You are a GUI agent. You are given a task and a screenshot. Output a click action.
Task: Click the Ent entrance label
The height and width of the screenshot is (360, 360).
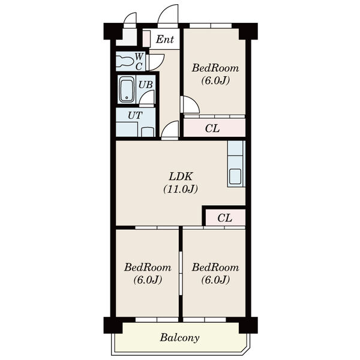165,39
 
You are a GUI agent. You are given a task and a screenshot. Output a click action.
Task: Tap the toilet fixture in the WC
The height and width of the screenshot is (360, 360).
125,61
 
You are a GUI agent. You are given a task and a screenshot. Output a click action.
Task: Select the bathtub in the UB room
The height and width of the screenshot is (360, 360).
127,89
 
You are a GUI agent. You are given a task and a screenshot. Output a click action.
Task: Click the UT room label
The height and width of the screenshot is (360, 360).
135,115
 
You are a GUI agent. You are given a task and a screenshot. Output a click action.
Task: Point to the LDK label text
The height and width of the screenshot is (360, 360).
180,176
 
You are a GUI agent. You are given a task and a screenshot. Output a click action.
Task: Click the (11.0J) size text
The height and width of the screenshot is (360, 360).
181,189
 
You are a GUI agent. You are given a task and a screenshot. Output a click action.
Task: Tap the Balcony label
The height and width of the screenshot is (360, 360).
179,338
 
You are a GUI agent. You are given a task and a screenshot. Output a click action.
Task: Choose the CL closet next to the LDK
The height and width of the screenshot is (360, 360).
225,217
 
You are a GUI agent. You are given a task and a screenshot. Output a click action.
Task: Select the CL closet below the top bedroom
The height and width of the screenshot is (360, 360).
214,128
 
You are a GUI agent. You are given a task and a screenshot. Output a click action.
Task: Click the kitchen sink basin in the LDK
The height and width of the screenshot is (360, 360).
235,176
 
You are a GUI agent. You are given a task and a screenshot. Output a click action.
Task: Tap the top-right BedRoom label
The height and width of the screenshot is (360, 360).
215,68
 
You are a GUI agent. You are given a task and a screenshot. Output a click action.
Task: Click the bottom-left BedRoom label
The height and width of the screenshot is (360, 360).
148,268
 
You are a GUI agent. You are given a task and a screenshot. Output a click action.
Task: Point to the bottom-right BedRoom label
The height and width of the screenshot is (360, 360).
215,268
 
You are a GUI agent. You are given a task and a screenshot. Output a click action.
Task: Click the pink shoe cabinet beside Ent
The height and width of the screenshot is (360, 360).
146,38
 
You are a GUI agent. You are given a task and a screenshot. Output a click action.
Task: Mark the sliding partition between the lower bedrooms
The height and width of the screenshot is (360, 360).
181,273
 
